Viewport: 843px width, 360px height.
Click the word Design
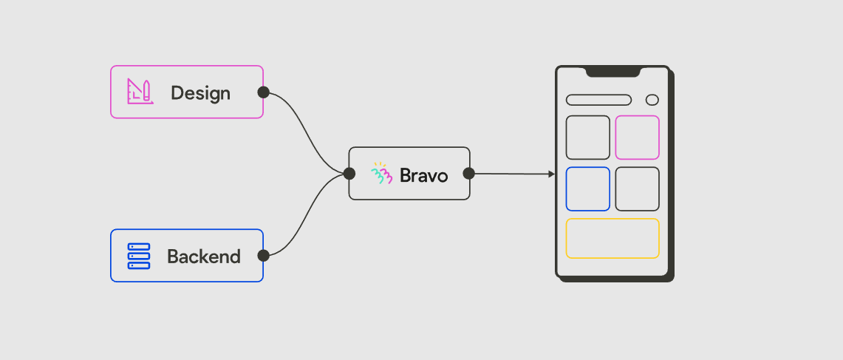200,93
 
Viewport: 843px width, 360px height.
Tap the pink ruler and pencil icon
140,92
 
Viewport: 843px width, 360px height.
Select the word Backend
203,257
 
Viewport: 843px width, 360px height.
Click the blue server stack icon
139,256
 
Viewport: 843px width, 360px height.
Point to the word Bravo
423,175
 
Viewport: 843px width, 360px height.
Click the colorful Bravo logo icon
381,174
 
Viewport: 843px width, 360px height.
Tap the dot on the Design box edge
263,92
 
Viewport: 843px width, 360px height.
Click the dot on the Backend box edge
263,256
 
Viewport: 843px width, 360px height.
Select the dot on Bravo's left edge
349,174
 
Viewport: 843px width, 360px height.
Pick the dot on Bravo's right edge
468,174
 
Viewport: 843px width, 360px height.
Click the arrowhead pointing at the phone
551,174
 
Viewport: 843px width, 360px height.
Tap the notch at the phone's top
613,72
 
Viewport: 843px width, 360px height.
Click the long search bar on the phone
598,100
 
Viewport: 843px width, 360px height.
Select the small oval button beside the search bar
652,100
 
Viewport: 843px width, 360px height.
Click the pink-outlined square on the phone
637,137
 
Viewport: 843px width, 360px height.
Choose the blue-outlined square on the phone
588,189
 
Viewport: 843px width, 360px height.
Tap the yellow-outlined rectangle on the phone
612,238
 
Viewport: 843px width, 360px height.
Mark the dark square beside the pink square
588,137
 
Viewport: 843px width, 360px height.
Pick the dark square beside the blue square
637,189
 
